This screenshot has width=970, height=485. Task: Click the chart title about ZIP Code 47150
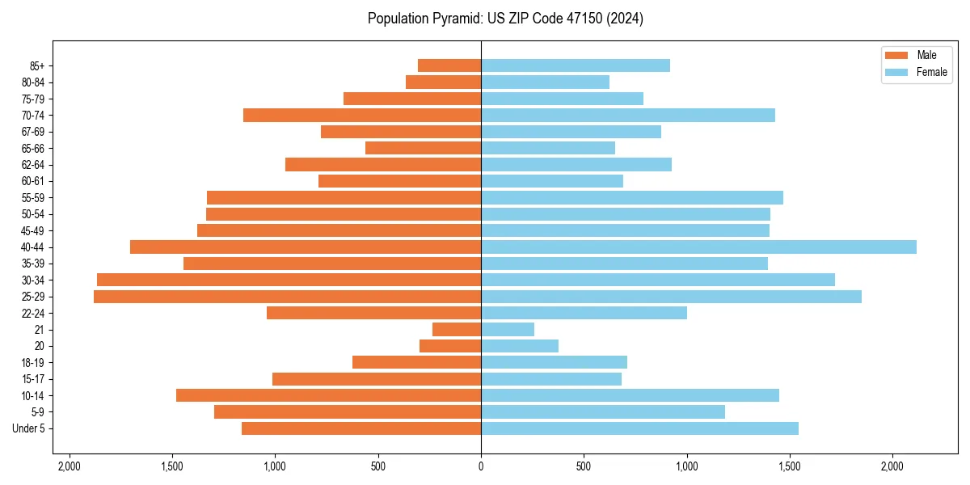tap(505, 19)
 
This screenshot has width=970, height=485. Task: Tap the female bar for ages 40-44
tap(698, 247)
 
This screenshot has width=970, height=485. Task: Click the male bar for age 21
tap(457, 330)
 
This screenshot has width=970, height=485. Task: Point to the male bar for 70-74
tap(362, 115)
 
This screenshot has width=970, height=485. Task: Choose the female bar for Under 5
tap(639, 428)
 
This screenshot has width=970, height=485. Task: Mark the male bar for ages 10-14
tap(328, 395)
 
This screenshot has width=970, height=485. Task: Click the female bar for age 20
tap(520, 346)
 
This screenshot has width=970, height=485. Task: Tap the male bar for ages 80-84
tap(443, 82)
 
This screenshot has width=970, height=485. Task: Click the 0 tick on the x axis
tap(481, 466)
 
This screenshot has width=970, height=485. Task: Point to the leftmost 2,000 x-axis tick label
tap(70, 466)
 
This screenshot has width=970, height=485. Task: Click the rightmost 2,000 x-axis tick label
tap(892, 466)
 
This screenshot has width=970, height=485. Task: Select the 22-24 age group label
tap(33, 313)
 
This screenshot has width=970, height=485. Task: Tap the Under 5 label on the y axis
tap(29, 428)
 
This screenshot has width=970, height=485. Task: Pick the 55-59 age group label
tap(33, 197)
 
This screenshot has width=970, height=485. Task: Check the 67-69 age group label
tap(33, 132)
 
